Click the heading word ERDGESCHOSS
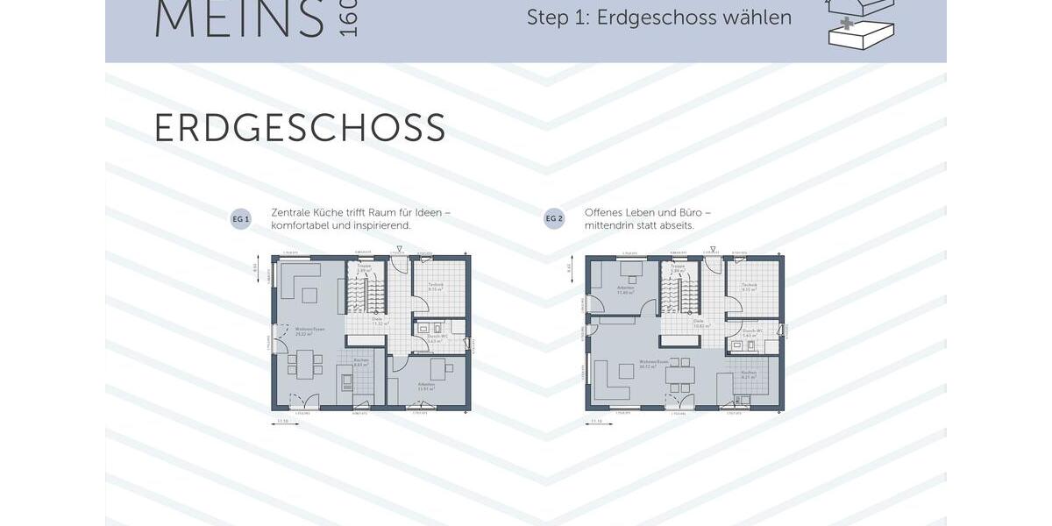300,128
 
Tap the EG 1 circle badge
240,219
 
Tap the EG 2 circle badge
554,219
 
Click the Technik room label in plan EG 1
435,286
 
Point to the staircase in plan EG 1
366,294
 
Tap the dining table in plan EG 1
305,364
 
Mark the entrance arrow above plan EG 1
400,250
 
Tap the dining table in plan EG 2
680,376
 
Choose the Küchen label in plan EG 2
748,372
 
